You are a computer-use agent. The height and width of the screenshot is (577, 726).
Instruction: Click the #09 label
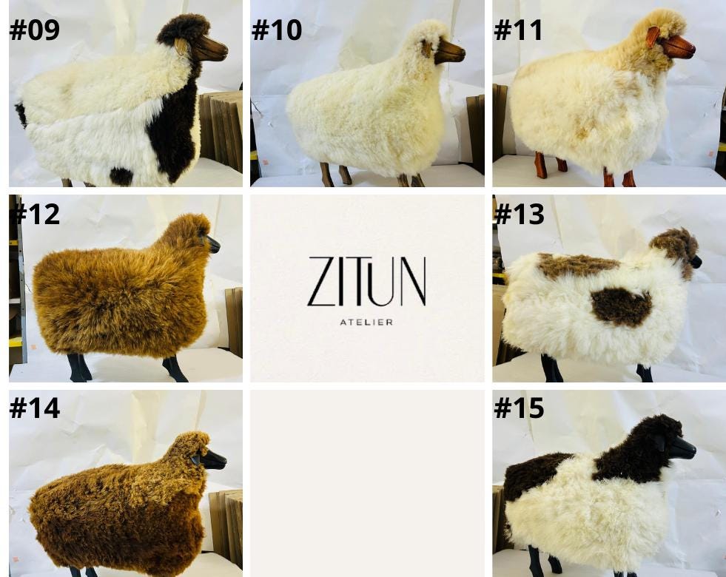point(34,30)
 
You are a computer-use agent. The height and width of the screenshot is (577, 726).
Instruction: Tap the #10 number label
point(277,30)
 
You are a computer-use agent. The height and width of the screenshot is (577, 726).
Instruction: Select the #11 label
point(517,30)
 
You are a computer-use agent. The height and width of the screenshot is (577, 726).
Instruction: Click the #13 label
point(519,214)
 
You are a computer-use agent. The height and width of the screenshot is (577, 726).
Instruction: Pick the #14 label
point(34,408)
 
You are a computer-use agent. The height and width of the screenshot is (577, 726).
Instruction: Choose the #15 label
point(519,408)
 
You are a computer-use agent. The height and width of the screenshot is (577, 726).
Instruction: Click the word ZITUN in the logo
point(367,282)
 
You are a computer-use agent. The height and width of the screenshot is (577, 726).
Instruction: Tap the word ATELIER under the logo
point(366,322)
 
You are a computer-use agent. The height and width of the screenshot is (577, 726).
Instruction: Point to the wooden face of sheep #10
point(449,51)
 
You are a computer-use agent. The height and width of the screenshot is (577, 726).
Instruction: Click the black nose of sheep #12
point(213,244)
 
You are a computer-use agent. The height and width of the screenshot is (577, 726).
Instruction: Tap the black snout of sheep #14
point(213,459)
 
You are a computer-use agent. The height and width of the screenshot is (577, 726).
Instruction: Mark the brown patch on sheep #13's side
point(620,306)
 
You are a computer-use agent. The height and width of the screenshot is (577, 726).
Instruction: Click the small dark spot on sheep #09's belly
point(121,176)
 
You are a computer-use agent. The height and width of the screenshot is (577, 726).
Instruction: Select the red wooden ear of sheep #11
point(653,36)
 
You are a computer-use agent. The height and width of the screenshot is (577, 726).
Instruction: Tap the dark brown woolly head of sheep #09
point(182,30)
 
